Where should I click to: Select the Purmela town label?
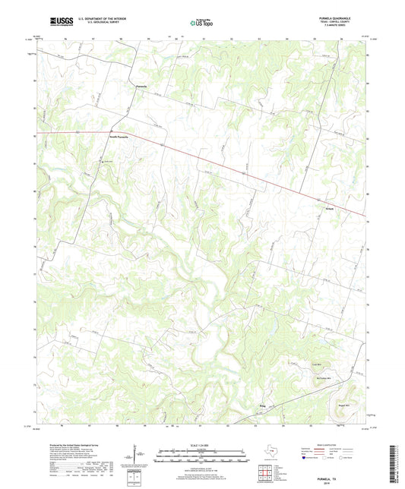point(131,87)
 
